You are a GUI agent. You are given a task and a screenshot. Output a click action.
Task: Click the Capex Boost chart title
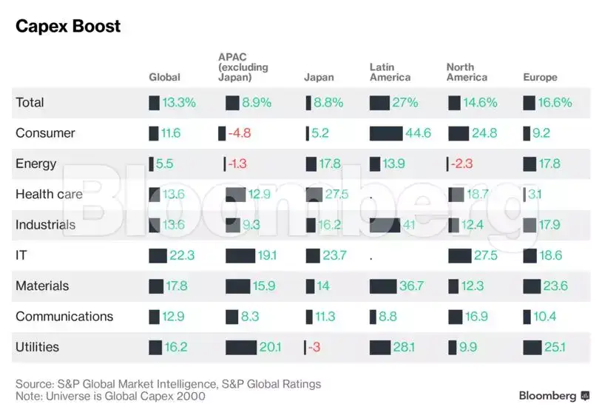point(68,27)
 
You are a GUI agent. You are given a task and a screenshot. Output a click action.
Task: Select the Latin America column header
point(390,73)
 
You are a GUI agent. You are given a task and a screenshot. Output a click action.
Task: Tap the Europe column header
point(540,77)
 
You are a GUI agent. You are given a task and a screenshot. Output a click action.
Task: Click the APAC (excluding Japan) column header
point(243,67)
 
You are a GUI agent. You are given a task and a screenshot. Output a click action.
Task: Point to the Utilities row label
point(37,347)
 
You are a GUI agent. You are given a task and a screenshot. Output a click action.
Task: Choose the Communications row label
point(64,317)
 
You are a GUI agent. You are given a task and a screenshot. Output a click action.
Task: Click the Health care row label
point(49,195)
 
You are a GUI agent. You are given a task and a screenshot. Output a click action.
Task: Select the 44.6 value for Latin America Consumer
point(418,134)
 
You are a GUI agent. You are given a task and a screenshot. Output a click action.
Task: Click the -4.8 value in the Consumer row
point(240,134)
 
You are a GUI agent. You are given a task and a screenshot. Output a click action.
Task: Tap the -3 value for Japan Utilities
point(314,347)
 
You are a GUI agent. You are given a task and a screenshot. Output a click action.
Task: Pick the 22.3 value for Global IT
point(182,256)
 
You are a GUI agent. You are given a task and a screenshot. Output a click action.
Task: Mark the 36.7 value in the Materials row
point(411,286)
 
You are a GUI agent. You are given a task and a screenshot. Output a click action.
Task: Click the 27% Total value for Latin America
point(405,103)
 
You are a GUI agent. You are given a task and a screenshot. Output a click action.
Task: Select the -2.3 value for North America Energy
point(463,164)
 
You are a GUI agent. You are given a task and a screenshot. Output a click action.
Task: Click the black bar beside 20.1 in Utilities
point(240,347)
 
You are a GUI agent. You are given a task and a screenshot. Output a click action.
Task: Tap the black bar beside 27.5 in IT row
point(459,256)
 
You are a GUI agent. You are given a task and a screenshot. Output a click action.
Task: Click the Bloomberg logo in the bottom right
point(554,396)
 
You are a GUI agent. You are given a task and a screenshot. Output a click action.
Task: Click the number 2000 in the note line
point(191,396)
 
